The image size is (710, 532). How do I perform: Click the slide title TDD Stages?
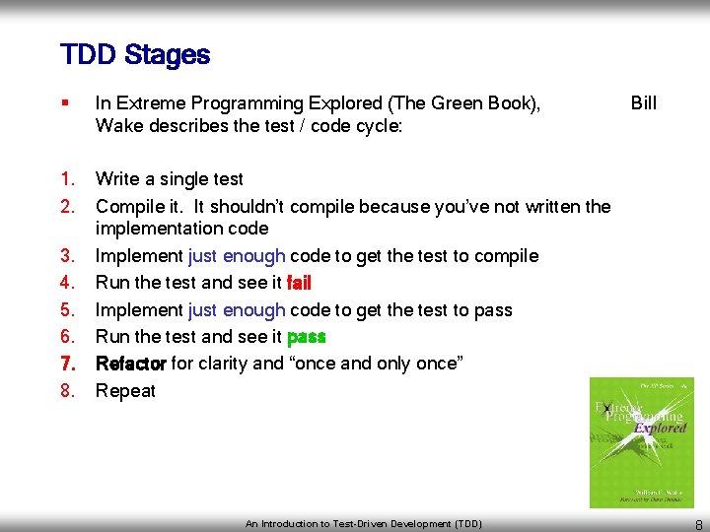(135, 55)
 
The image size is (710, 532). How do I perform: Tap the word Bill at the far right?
(643, 103)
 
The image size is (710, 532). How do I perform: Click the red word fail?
(299, 283)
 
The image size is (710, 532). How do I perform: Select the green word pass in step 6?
(306, 337)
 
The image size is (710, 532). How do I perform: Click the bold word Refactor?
(130, 364)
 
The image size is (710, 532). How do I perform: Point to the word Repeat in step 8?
(125, 391)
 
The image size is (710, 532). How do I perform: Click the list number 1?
(67, 179)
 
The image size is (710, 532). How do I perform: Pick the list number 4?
(67, 283)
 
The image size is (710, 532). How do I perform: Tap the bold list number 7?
(67, 364)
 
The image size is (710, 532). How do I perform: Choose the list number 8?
(67, 391)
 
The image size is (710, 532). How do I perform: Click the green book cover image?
(641, 442)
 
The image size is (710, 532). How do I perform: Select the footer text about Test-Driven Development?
(364, 524)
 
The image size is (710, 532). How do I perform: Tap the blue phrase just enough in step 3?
(237, 256)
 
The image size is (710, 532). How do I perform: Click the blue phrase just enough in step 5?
(237, 310)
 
